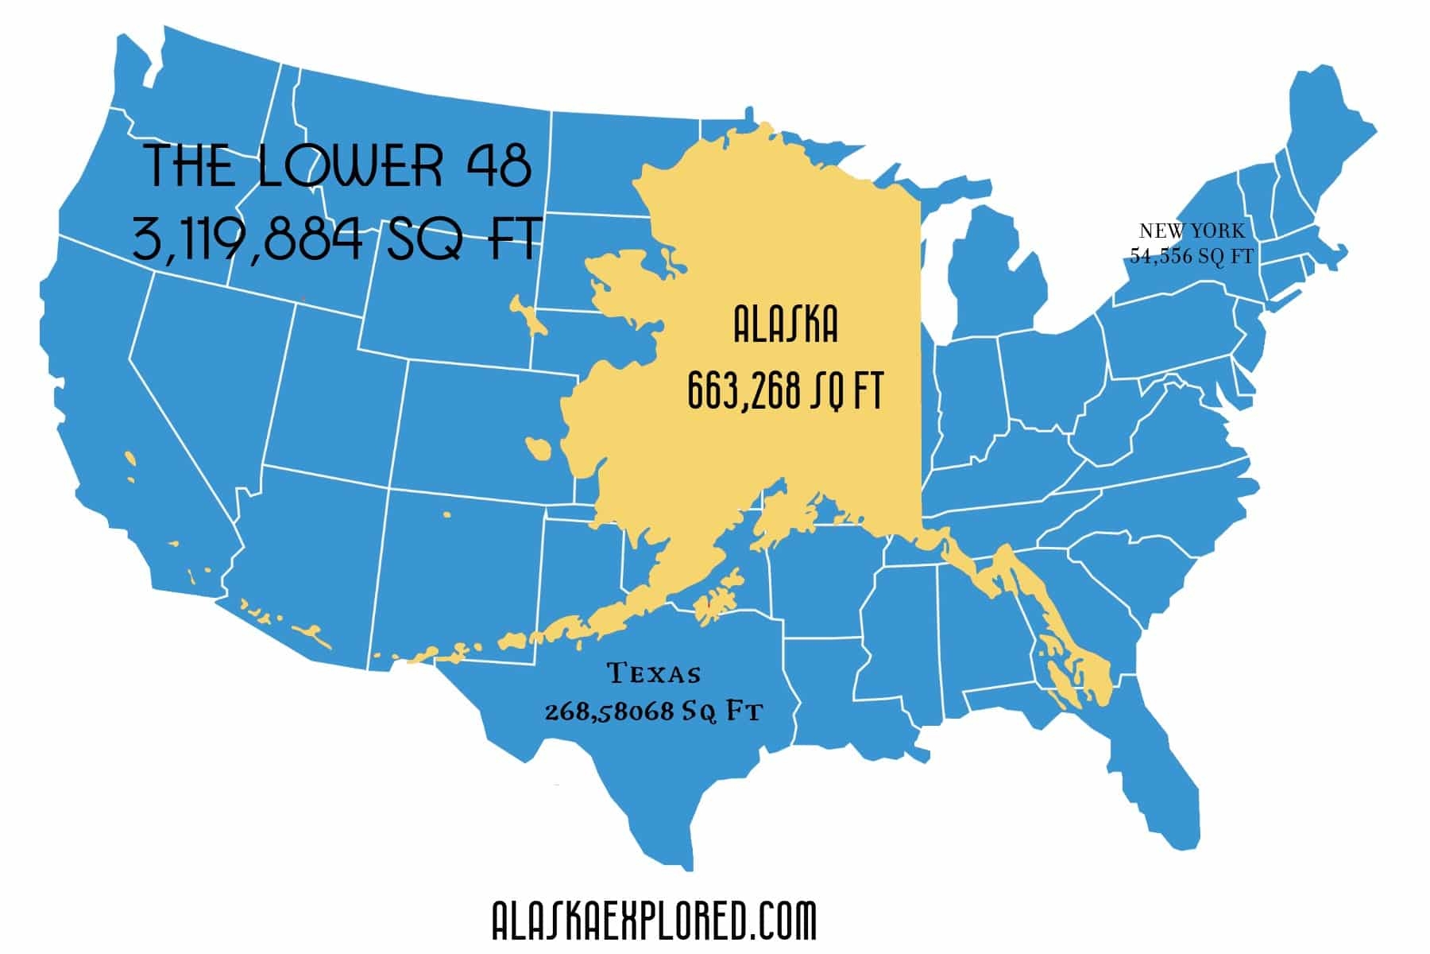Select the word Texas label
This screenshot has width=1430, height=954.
[x=655, y=674]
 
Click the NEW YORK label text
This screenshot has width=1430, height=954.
[x=1192, y=231]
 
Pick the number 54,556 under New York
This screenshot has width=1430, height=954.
[x=1160, y=256]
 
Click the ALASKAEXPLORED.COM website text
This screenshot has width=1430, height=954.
[x=654, y=921]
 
